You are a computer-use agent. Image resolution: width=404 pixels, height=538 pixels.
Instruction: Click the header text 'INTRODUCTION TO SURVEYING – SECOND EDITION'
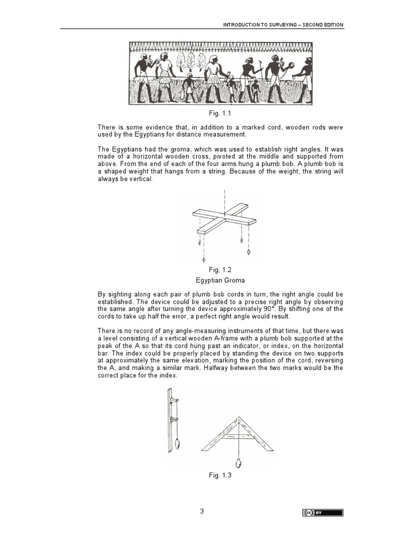284,25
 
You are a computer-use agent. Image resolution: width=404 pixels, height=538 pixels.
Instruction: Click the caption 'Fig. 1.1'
217,113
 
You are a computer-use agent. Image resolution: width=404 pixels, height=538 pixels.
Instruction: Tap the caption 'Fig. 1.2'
217,270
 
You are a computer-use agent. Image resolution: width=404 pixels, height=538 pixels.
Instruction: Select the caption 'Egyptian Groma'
217,281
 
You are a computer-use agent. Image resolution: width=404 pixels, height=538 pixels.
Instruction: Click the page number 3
201,512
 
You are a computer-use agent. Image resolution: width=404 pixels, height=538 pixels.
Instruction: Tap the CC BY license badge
322,513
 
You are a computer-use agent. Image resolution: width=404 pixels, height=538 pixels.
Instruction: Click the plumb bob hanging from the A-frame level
239,463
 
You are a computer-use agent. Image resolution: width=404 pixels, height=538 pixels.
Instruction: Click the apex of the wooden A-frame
239,418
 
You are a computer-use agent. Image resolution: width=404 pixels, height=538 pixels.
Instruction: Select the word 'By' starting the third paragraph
102,295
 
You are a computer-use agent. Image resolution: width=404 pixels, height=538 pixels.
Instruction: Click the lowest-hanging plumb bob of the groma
204,259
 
